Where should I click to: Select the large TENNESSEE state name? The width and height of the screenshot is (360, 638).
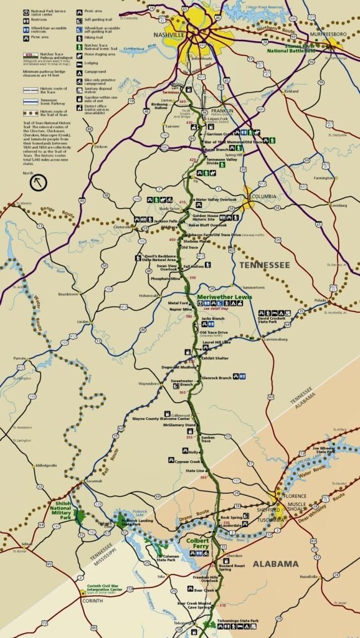(x=265, y=265)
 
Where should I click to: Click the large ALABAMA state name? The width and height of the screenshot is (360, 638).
(x=276, y=564)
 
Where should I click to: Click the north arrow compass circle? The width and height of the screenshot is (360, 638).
(x=39, y=182)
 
